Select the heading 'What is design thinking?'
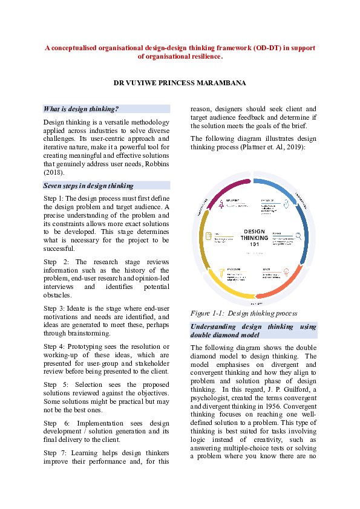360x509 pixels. (80, 109)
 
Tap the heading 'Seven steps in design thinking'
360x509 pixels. (88, 186)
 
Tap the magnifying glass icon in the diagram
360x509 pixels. (298, 236)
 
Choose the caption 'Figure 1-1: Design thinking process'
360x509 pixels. (243, 313)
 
